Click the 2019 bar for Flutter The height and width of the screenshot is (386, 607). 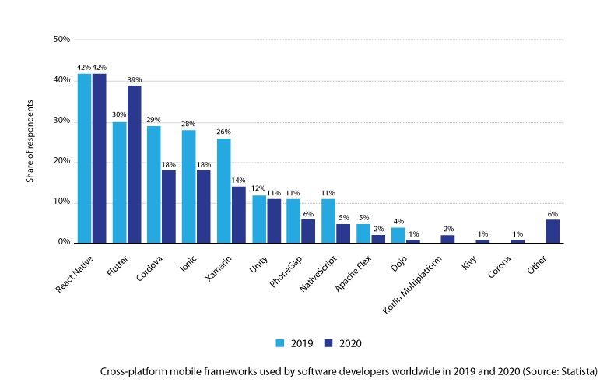(119, 182)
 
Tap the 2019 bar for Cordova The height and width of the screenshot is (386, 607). (154, 184)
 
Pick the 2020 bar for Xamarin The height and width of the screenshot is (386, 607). (238, 215)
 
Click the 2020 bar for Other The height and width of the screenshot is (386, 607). (553, 231)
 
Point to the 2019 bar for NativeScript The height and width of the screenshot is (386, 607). (328, 221)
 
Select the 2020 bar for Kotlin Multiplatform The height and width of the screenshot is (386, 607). (448, 239)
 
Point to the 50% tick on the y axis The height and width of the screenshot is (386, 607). (61, 39)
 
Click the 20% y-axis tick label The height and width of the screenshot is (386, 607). (61, 161)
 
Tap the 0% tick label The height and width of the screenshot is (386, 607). (64, 242)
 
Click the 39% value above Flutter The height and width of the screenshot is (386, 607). (134, 79)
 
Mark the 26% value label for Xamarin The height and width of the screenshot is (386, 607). (223, 132)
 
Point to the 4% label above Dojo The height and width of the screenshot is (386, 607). (398, 221)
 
